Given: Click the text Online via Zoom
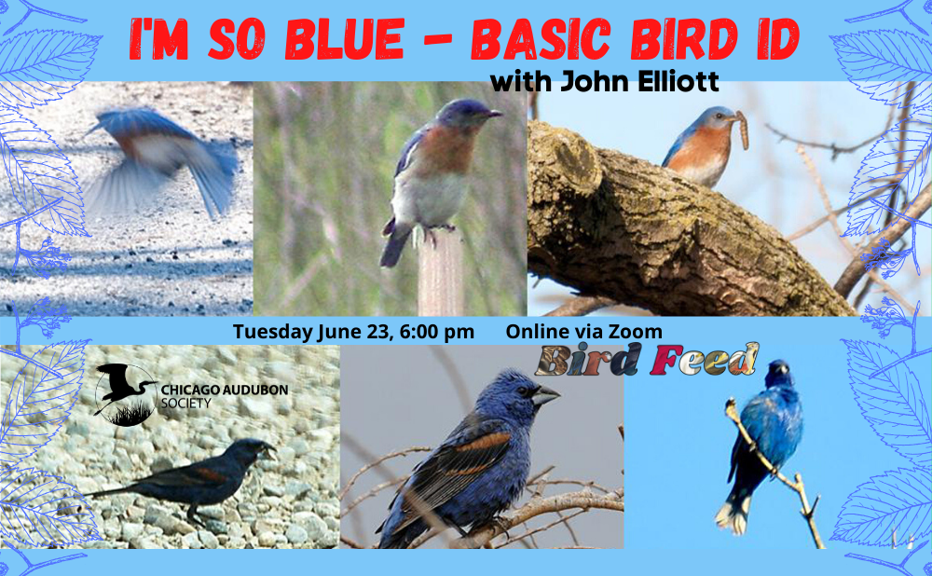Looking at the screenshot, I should click(584, 332).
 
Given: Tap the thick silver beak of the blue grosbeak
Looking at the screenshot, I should click(544, 396).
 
